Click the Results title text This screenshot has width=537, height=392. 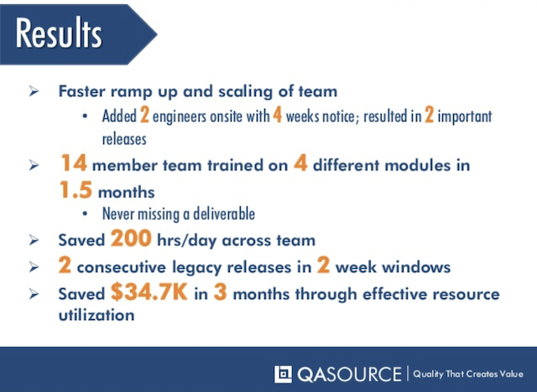59,33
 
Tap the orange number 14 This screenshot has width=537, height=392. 74,162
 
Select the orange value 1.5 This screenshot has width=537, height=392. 76,189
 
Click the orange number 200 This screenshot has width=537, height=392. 131,238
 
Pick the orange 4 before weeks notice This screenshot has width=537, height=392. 278,115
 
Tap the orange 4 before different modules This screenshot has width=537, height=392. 300,163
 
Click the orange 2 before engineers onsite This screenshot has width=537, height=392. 144,115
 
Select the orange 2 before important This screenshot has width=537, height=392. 429,115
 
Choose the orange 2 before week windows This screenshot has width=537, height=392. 323,265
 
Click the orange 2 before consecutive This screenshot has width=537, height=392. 65,265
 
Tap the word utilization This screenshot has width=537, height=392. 96,315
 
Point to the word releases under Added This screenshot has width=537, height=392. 124,139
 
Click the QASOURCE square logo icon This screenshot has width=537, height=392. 283,374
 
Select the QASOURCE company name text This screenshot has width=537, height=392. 349,374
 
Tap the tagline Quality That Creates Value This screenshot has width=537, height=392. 468,374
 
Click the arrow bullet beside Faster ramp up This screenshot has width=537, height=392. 34,91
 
